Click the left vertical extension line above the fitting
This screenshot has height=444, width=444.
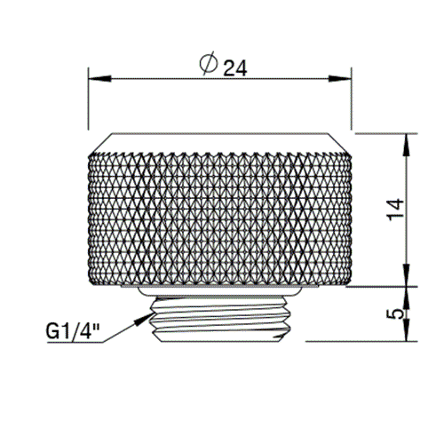click(87, 102)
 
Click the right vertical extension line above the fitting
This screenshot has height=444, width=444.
click(350, 102)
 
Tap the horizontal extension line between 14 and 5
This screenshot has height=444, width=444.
click(373, 286)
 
